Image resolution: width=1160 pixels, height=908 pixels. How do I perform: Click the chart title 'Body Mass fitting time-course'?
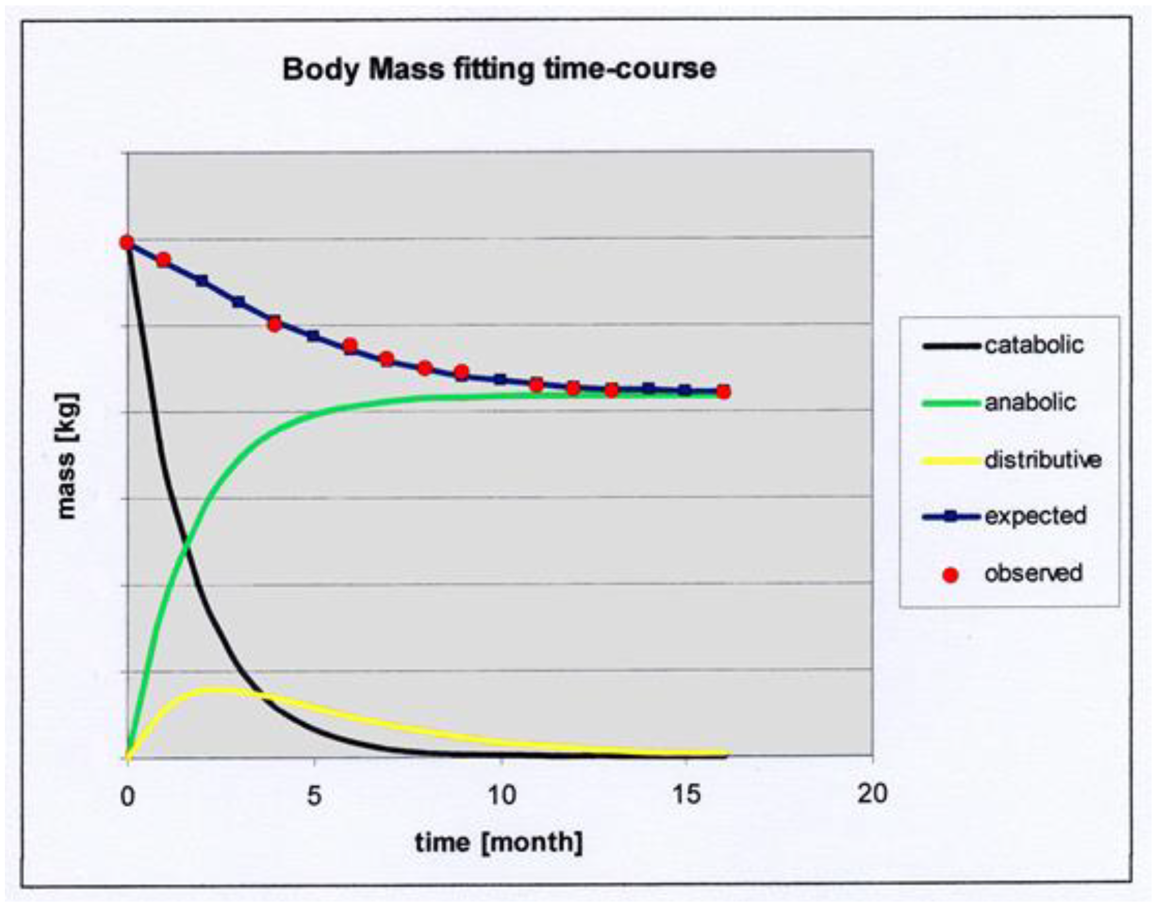pos(499,69)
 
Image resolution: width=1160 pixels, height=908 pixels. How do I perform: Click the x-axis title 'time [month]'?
pos(498,842)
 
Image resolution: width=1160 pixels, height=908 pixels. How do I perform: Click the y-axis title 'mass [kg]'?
pos(68,456)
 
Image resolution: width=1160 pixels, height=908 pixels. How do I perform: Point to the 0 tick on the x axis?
pos(128,796)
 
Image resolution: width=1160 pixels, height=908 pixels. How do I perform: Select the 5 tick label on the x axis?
pos(315,796)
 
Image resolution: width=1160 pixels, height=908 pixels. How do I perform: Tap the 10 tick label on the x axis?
pos(501,796)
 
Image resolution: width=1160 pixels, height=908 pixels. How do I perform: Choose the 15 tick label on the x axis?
pos(687,795)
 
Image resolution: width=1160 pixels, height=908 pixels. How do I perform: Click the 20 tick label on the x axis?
pos(872,794)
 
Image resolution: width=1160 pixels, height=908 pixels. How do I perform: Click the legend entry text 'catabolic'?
pos(1034,345)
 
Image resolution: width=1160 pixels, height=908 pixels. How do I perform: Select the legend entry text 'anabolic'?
pos(1030,403)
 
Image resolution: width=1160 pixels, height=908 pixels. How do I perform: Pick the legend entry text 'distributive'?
pos(1043,460)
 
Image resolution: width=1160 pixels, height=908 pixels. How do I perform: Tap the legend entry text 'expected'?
pos(1035,516)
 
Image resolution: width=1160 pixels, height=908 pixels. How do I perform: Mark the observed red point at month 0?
pos(127,243)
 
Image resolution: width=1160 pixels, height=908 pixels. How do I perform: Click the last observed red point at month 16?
pos(723,392)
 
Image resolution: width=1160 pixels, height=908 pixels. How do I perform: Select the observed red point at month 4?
pos(275,324)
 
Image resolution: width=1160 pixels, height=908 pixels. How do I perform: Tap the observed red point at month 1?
pos(164,260)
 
